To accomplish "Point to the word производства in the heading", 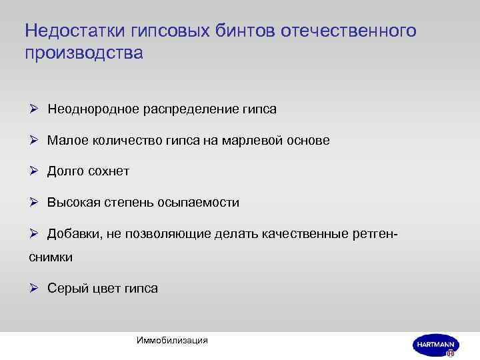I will coord(83,53).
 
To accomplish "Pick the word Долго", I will coord(65,171).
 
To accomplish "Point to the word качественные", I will coord(309,234).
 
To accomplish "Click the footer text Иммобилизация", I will coord(171,340).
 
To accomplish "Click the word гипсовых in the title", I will coord(169,31).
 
